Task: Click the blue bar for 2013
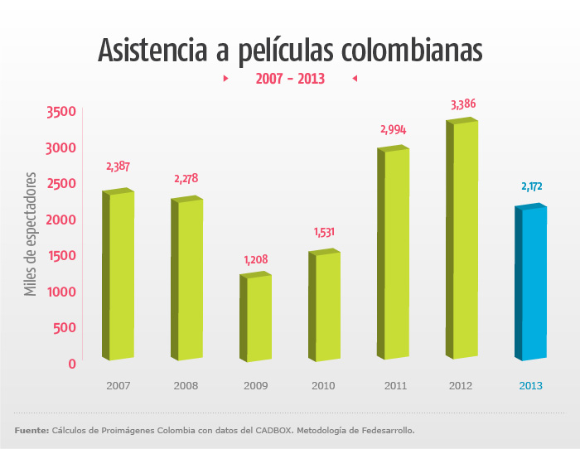tap(532, 283)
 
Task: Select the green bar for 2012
tap(462, 240)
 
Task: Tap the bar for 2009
tap(257, 319)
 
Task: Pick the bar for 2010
tap(326, 307)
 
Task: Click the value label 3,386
tap(463, 104)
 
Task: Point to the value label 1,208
tap(256, 260)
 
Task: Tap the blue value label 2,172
tap(532, 187)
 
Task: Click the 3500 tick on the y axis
tap(61, 112)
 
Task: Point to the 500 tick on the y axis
tap(65, 327)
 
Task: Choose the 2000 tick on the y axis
tap(61, 220)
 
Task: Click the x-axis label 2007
tap(118, 385)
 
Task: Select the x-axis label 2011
tap(394, 385)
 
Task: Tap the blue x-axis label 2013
tap(531, 385)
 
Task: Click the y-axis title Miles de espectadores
tap(31, 234)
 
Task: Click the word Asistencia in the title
tap(149, 50)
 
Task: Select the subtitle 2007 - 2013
tap(288, 79)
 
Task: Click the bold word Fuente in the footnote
tap(31, 430)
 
